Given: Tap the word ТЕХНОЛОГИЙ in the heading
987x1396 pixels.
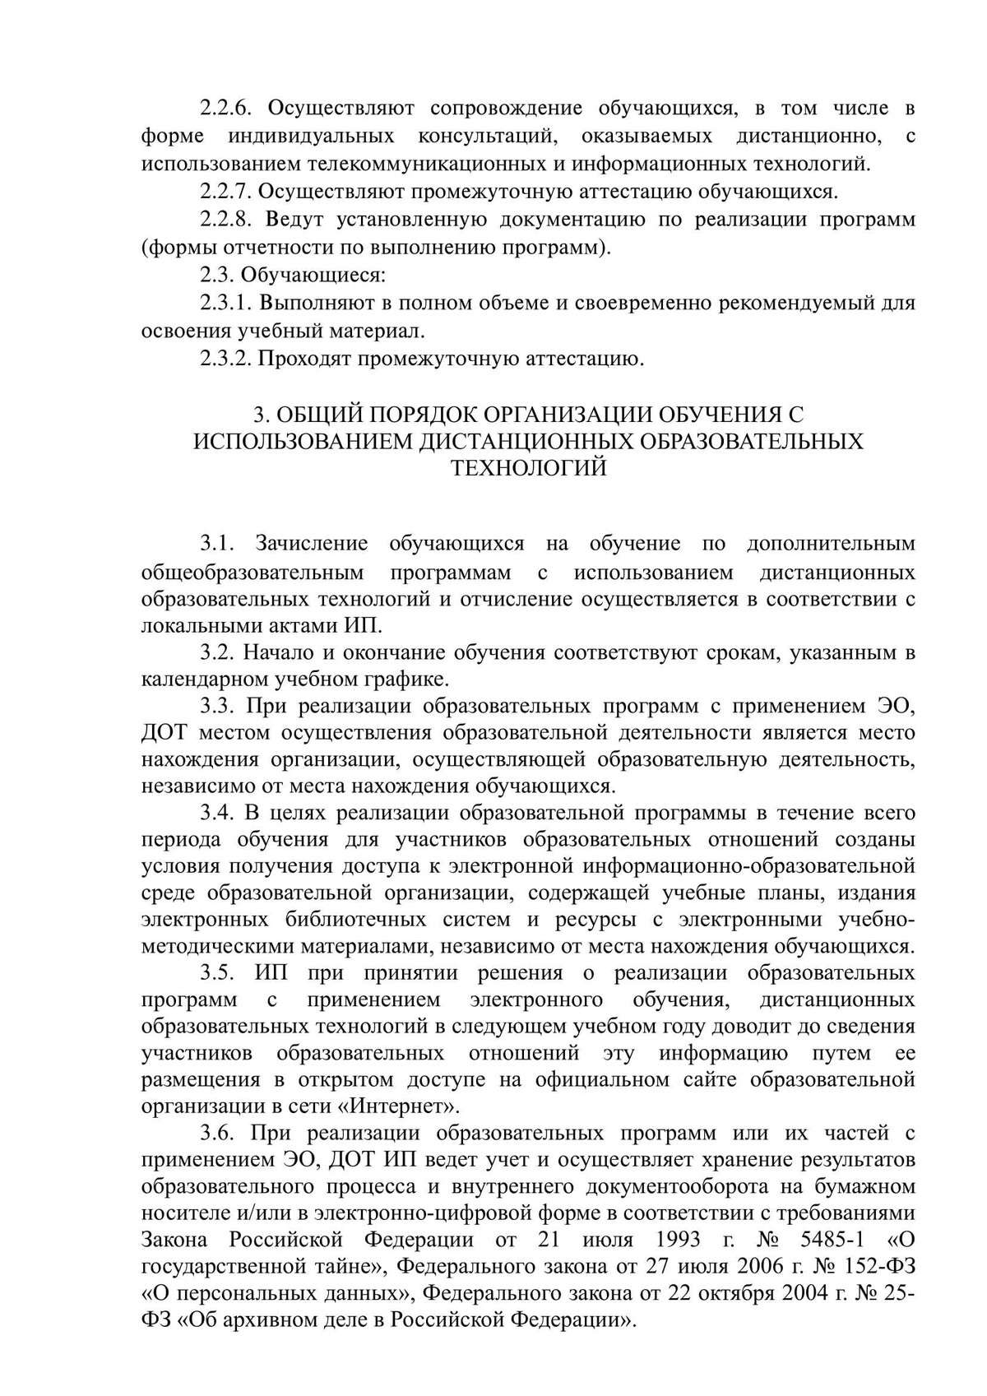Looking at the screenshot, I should coord(529,468).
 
